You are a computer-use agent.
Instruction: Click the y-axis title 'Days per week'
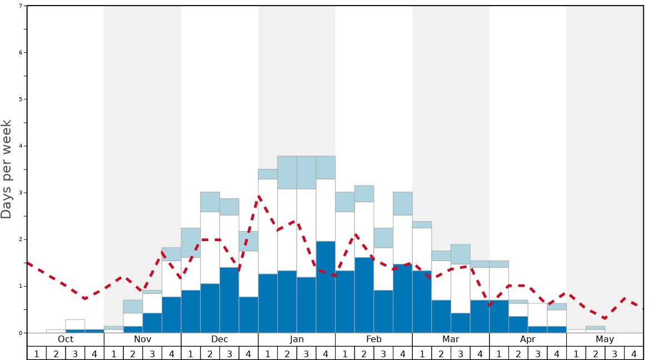[7, 169]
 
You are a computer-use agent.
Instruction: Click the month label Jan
[297, 339]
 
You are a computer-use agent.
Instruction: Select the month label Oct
[66, 339]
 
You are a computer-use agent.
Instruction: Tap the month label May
[605, 339]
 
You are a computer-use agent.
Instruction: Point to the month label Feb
[374, 339]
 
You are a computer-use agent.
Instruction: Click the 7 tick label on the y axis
[21, 6]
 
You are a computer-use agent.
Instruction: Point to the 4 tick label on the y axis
[21, 146]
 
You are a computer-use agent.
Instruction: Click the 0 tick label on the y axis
[21, 333]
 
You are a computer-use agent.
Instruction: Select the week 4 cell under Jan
[326, 353]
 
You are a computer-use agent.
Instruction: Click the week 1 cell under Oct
[37, 353]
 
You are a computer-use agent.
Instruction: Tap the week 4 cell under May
[634, 353]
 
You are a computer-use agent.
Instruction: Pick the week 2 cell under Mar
[441, 353]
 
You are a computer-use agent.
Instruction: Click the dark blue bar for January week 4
[326, 287]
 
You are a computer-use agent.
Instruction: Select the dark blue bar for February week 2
[364, 295]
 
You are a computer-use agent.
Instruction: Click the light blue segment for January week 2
[287, 172]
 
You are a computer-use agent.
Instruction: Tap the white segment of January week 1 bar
[268, 226]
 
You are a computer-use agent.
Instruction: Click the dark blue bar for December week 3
[229, 300]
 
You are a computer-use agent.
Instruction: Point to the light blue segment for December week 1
[191, 242]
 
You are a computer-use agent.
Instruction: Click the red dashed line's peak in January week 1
[259, 196]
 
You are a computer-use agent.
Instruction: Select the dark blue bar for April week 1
[499, 317]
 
